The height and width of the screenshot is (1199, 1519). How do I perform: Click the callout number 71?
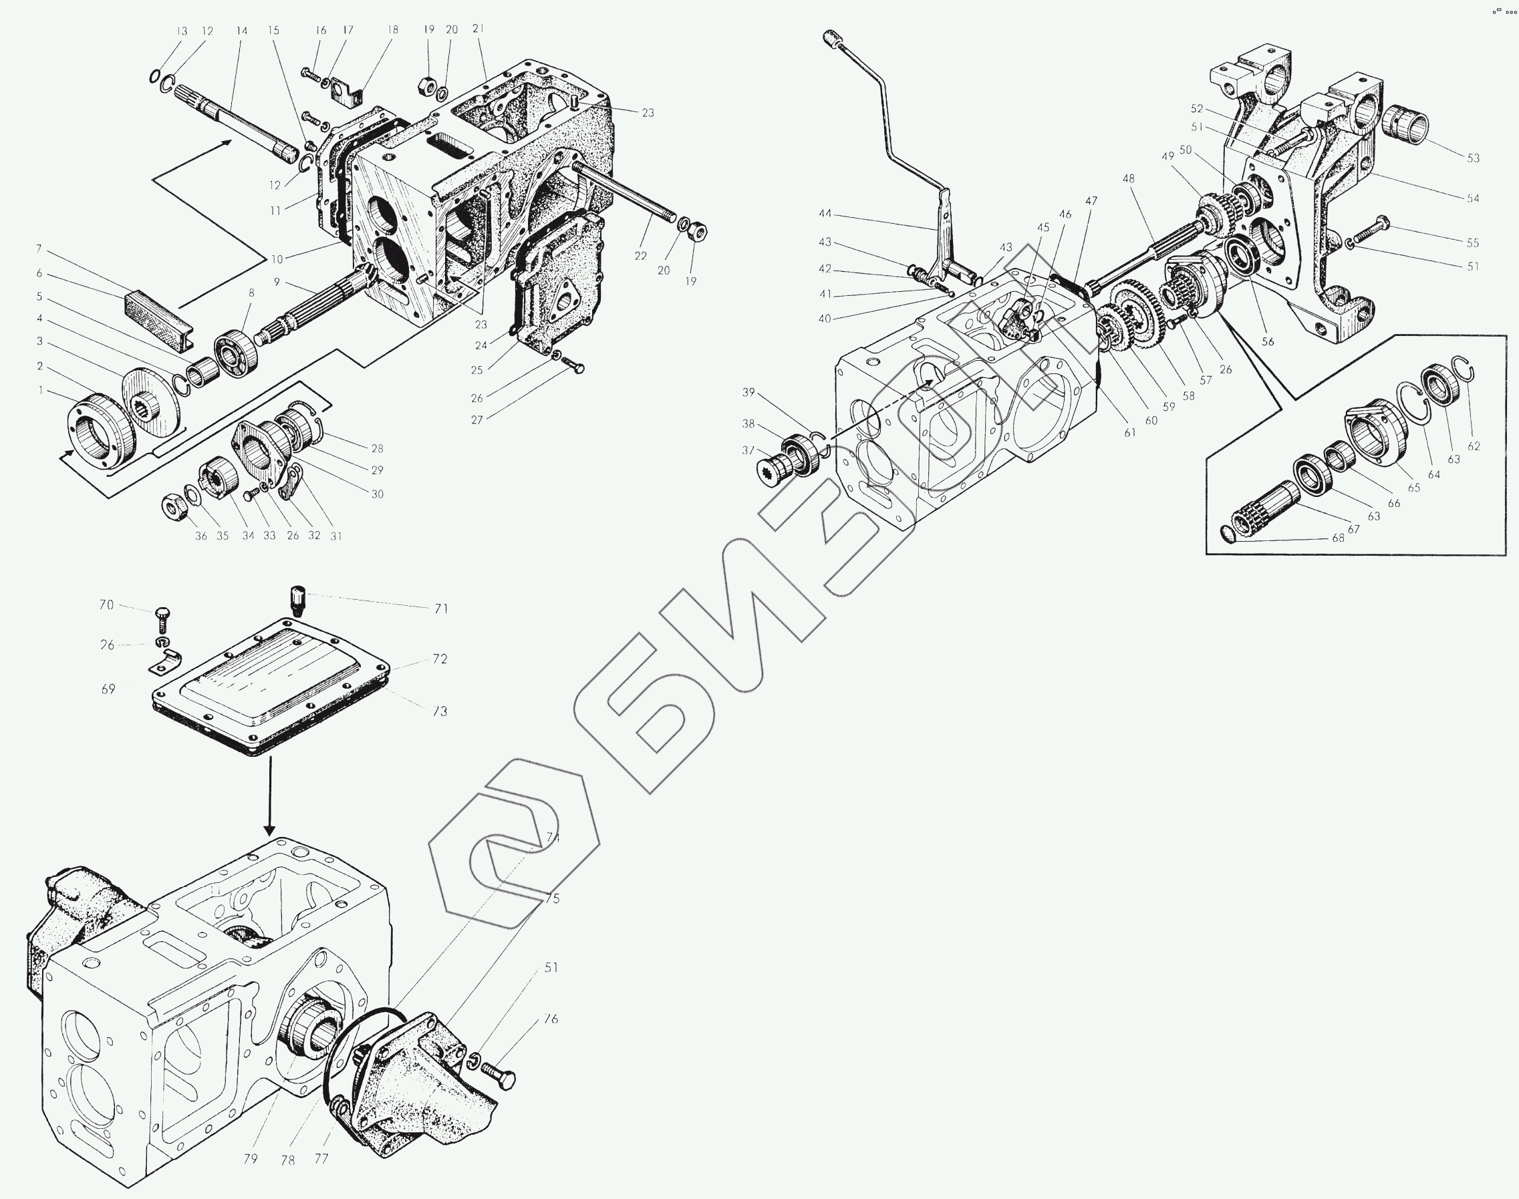[440, 608]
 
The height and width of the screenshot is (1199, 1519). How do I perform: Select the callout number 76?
[551, 1019]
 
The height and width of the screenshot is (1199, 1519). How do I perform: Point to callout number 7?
[39, 249]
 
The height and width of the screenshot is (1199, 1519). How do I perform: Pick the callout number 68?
[1338, 538]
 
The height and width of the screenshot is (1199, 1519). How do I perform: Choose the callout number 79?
[251, 1159]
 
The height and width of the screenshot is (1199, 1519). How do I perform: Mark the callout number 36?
[202, 536]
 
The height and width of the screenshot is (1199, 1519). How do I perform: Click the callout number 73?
[440, 711]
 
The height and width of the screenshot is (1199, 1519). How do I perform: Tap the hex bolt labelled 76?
[500, 1077]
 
